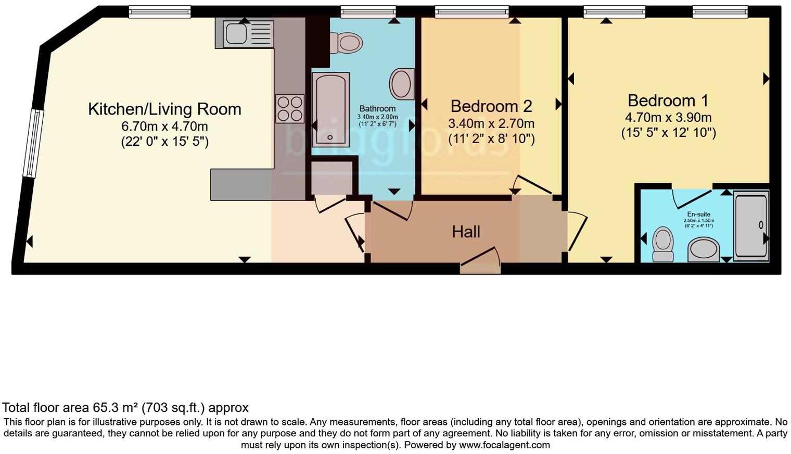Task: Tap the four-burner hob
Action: coord(290,108)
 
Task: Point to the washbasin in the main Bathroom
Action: coord(402,84)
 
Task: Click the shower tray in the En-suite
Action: coord(750,225)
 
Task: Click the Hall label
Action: coord(466,232)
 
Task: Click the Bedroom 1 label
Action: coord(668,100)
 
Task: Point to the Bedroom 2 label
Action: coord(491,106)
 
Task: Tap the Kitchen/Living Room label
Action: coord(164,109)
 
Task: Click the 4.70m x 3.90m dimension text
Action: coord(668,118)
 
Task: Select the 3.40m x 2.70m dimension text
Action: coord(491,124)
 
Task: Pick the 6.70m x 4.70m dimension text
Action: coord(164,127)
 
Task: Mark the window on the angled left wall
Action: coord(32,144)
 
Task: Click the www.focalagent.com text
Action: coord(504,445)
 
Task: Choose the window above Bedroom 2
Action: coord(471,11)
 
